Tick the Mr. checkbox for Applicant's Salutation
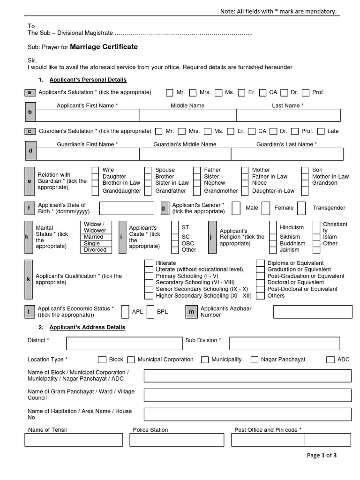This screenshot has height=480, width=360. coord(169,93)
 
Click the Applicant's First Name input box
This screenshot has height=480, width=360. coord(87,115)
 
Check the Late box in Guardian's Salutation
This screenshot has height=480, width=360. coord(321,131)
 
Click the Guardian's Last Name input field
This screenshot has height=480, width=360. coord(287,154)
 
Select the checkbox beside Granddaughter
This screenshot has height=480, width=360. coord(95,191)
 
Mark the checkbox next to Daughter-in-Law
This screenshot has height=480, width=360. coord(245,191)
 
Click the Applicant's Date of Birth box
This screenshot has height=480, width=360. coord(127,209)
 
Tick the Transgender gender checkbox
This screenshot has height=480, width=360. coord(302,208)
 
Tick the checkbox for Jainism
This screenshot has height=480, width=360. coord(273,250)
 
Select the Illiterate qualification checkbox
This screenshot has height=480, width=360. coord(148,263)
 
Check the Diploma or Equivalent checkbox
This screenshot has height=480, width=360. coord(260,263)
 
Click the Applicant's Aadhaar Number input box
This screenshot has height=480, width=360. coord(312,312)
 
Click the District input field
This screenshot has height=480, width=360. coord(124,344)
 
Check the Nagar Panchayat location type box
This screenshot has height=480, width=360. coord(254,360)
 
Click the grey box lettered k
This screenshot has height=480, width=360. coord(29,279)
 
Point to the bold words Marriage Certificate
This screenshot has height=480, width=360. coord(104,47)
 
